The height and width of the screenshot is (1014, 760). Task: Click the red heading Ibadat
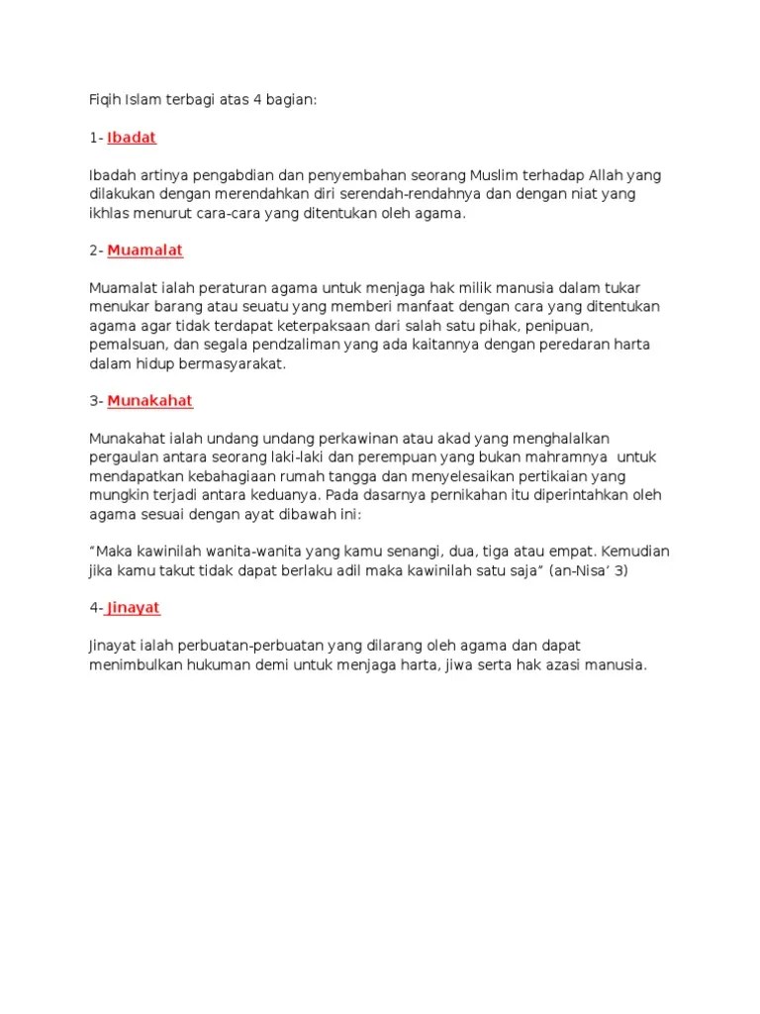132,138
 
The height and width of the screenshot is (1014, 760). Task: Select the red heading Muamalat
145,251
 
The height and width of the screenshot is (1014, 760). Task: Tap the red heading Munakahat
149,401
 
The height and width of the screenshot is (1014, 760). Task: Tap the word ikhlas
108,213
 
